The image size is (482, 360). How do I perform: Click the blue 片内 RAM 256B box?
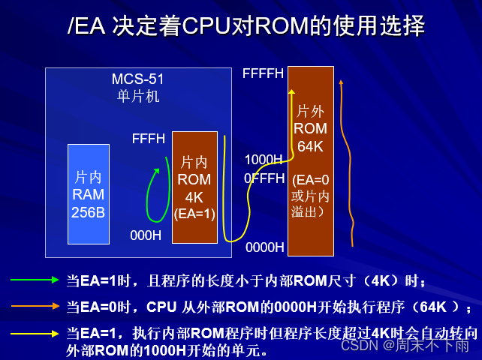point(88,194)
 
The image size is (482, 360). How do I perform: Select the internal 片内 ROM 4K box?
point(194,187)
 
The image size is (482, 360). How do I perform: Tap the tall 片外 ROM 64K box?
point(310,160)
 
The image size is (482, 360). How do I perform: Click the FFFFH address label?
point(263,73)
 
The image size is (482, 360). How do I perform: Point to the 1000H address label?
point(263,160)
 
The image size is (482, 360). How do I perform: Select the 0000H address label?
point(264,247)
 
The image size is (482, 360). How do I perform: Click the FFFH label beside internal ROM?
point(148,139)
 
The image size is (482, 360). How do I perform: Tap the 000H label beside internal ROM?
point(146,235)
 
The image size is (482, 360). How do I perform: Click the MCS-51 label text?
point(137,79)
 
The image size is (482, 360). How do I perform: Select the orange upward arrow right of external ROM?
point(344,157)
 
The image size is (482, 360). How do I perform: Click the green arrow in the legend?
point(35,280)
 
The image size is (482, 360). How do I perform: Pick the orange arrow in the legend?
point(35,305)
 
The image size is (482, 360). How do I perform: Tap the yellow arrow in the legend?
point(35,332)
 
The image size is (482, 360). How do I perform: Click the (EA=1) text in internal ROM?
point(194,214)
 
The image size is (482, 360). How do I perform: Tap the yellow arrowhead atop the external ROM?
point(292,92)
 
